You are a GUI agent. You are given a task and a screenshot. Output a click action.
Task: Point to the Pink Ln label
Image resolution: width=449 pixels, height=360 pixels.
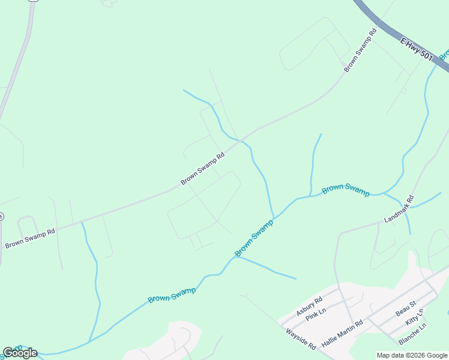point(315,315)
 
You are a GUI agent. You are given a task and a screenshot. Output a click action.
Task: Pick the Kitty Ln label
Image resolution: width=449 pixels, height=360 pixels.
point(414,317)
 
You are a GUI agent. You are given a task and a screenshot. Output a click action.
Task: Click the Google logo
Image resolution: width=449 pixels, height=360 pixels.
point(20,353)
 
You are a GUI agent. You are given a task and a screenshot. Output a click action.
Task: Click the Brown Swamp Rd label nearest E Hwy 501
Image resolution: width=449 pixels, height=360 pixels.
point(360,51)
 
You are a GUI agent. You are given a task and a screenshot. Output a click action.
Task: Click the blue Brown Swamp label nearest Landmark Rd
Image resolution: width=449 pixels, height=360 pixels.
point(346,190)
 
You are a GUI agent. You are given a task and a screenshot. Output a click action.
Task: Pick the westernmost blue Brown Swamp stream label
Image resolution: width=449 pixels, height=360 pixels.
point(172,295)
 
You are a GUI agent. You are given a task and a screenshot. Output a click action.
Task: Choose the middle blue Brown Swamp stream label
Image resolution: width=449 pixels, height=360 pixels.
point(253,238)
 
